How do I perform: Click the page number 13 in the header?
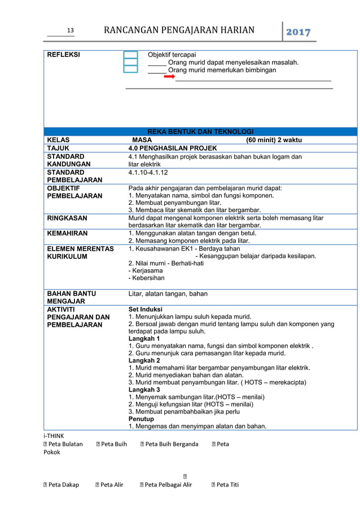click(71, 30)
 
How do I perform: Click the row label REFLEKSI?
click(63, 55)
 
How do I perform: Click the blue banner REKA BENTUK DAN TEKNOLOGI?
click(200, 131)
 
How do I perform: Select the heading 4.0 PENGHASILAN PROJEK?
click(173, 148)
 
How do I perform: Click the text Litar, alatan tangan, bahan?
click(168, 294)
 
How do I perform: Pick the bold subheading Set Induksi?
click(145, 309)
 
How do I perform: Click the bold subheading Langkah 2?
click(144, 360)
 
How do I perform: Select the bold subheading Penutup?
click(141, 419)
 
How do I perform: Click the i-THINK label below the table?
click(54, 436)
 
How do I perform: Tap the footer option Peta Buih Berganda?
click(172, 444)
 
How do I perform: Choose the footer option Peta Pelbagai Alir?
click(168, 484)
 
